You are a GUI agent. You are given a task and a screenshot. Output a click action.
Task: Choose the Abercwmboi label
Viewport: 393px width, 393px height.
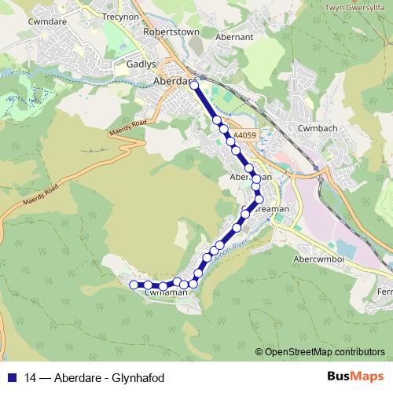(x=320, y=260)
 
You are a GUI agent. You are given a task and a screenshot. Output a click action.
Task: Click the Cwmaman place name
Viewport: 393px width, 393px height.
(x=167, y=292)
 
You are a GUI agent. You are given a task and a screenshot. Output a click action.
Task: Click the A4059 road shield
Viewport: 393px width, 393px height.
(x=244, y=135)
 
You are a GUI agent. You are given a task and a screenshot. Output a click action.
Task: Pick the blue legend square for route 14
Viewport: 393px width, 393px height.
(x=11, y=377)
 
